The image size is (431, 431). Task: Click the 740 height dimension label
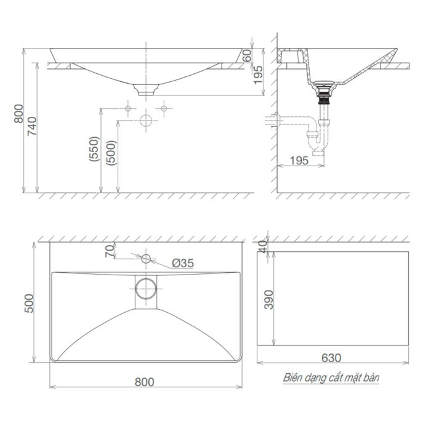34,126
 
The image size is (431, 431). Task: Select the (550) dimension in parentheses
94,149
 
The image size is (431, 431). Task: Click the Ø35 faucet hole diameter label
182,263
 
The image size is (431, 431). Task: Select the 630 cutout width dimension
330,358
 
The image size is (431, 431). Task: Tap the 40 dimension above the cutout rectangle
264,246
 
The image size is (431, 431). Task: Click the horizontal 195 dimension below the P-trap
299,161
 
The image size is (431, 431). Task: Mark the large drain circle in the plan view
146,288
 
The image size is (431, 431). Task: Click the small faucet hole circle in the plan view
146,258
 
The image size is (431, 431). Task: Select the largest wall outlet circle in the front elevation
146,121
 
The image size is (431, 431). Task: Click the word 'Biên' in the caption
293,377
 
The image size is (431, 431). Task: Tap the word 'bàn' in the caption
371,377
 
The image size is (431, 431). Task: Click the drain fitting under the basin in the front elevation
146,90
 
